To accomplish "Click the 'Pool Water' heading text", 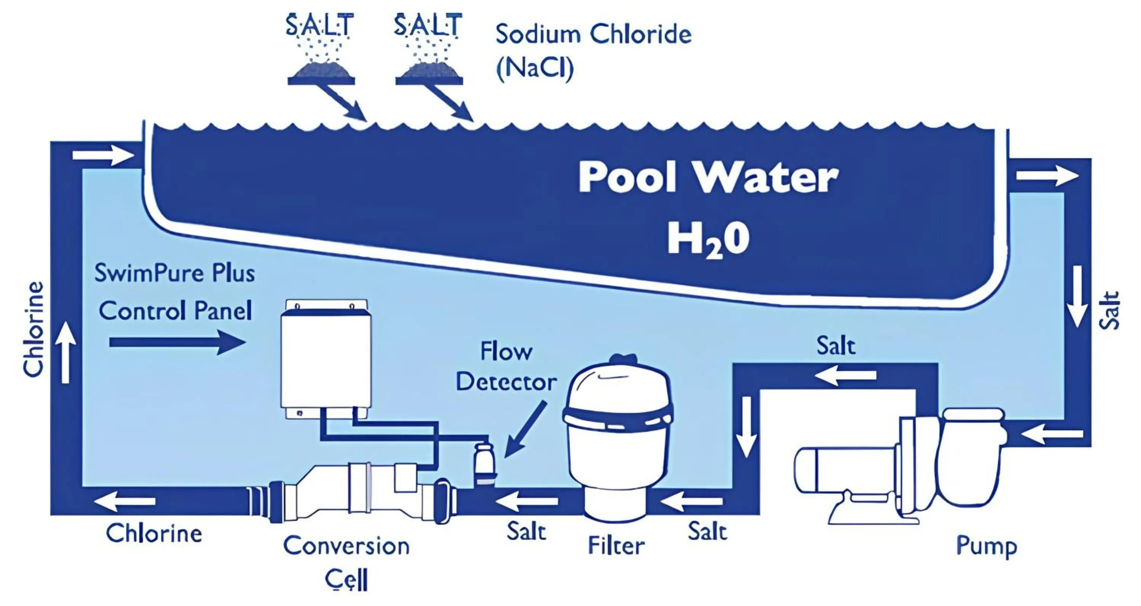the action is point(708,177).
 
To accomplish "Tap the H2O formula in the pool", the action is point(708,240).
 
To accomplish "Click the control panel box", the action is point(326,359).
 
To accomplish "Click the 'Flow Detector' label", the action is point(506,366).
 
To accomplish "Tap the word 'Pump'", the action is point(987,547).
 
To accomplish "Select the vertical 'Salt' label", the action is point(1109,310).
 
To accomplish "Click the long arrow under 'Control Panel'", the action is point(178,342).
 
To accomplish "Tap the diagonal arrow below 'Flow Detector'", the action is point(525,429).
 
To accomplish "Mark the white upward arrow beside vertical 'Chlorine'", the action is point(65,352).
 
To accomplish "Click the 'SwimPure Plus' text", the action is point(175,273).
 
